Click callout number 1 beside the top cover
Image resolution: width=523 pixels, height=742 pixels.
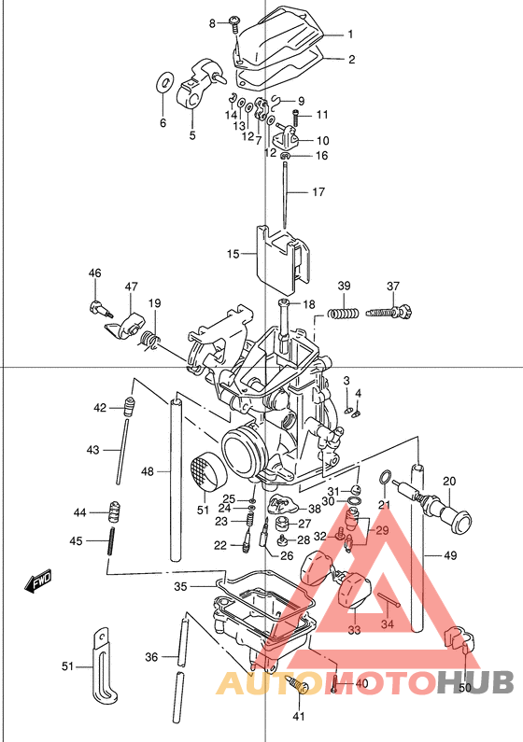[x=350, y=35]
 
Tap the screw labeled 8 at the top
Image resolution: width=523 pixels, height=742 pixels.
[x=233, y=22]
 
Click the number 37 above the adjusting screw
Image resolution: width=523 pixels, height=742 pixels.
[x=393, y=286]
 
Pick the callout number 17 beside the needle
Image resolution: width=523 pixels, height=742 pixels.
[x=318, y=192]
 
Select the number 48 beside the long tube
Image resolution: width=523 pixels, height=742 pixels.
[x=148, y=472]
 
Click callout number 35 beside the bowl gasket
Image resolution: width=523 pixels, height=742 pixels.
[x=181, y=586]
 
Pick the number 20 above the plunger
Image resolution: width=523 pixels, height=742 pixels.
[x=448, y=482]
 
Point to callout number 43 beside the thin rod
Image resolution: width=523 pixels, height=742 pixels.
[x=92, y=450]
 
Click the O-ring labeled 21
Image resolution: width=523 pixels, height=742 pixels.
[x=385, y=480]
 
